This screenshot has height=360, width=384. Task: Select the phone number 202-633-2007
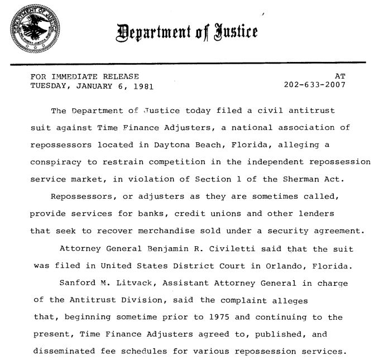315,86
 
